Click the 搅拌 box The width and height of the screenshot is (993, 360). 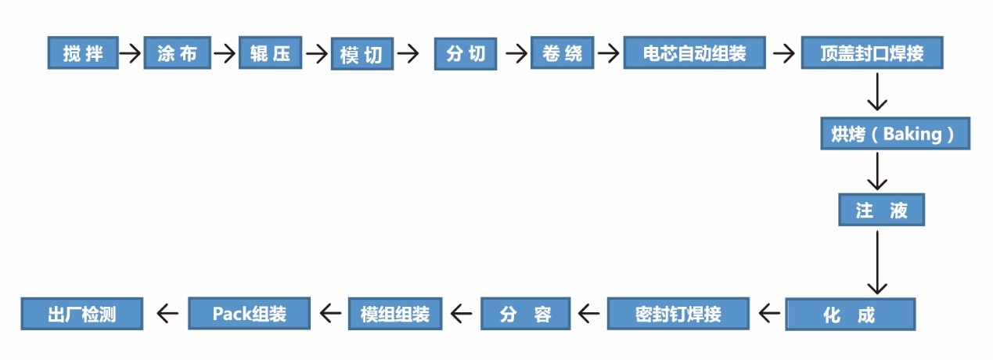coord(82,53)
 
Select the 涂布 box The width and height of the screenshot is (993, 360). coord(177,53)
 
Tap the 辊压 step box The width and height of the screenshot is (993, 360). coord(270,53)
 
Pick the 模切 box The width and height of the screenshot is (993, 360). coord(361,54)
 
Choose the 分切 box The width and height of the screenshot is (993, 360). coord(466,53)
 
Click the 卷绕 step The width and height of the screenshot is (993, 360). coord(562,53)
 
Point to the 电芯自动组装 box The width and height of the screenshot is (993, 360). coord(693,53)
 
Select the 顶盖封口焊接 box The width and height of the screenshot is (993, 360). coord(872,53)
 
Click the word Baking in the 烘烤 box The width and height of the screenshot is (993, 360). coord(912,134)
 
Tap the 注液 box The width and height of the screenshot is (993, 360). coord(881,210)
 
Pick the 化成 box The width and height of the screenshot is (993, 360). coord(849,315)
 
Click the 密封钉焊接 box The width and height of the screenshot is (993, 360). coord(678,314)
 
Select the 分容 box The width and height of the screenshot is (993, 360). coord(526,314)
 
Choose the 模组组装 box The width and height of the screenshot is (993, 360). coord(394,314)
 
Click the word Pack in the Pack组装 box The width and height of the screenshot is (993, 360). coord(231,313)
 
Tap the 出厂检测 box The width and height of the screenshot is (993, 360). coord(82,314)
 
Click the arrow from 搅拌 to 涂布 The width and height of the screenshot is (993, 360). coord(130,53)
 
